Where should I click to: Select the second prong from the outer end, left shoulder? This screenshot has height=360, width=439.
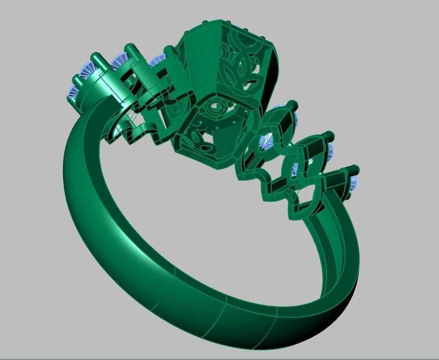(x=96, y=60)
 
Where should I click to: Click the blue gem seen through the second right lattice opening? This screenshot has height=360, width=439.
(x=300, y=168)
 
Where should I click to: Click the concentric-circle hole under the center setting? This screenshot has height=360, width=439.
(x=215, y=106)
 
